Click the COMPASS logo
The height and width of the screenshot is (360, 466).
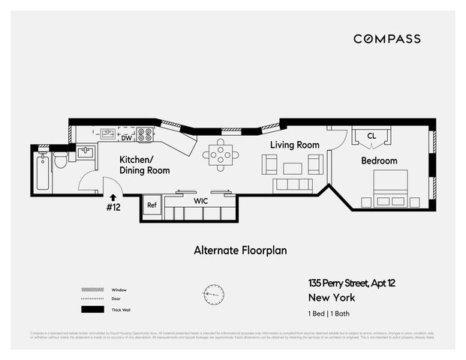387,39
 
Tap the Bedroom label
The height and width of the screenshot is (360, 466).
379,160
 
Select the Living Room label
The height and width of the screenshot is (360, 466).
295,145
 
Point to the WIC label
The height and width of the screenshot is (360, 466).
200,201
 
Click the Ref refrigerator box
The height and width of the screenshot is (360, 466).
152,205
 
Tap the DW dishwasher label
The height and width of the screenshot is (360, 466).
127,138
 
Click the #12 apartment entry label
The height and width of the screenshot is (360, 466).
113,207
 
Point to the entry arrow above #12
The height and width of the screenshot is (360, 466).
113,196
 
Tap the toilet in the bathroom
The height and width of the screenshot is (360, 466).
60,161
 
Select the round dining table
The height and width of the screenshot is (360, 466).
221,155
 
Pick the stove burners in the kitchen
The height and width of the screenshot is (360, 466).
146,135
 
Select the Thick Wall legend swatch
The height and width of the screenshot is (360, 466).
92,310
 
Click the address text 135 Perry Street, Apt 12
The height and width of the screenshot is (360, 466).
354,283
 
